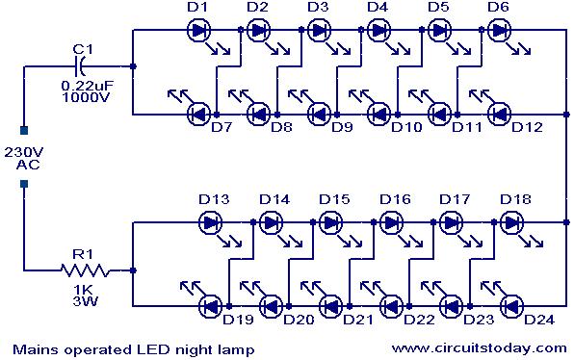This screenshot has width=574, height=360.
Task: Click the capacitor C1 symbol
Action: pos(80,66)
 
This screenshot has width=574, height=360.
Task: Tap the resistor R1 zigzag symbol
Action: pos(85,270)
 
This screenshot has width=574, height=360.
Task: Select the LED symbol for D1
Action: pos(198,30)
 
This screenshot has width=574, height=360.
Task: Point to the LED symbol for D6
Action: pos(500,30)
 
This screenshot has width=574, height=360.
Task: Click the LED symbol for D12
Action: pos(500,115)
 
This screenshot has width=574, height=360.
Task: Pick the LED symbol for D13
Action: pos(211,222)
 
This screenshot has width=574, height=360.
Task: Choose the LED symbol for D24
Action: pos(511,306)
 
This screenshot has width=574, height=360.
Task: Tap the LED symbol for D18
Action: pos(511,222)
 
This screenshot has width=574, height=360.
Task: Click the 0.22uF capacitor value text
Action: pos(87,87)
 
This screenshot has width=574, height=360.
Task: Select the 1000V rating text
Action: pos(86,97)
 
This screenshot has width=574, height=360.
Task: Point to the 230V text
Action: pos(24,152)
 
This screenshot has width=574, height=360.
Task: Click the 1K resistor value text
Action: pos(84,290)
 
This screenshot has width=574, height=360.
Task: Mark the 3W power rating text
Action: pos(86,301)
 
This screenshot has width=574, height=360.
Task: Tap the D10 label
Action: pos(406,127)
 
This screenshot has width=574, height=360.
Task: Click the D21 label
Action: pos(358,320)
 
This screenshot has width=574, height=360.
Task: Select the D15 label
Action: pos(334,199)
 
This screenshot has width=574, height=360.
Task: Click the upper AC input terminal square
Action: pos(24,131)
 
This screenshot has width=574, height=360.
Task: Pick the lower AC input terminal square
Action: pos(24,184)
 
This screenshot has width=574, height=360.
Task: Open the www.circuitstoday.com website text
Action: pos(480,347)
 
